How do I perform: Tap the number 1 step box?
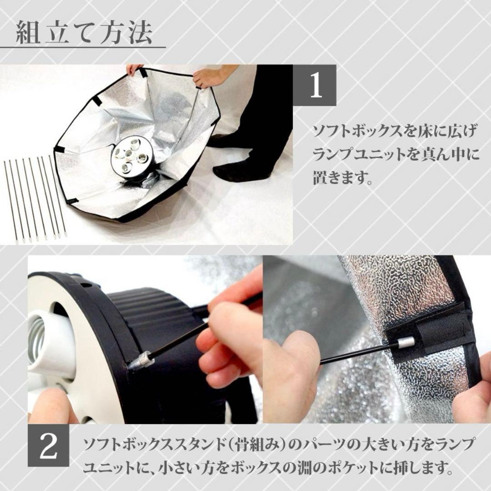point(316,85)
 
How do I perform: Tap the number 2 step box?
point(49,446)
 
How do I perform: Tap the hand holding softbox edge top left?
point(134,69)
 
